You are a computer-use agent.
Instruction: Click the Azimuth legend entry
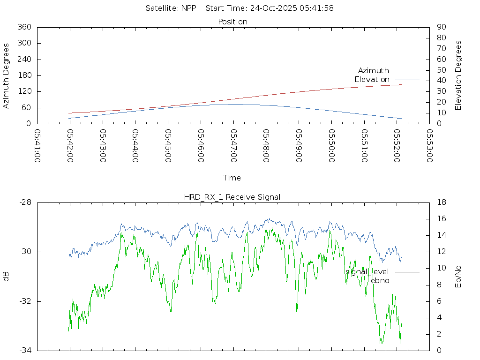point(374,71)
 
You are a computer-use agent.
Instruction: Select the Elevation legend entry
point(372,80)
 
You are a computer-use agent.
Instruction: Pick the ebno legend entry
point(380,281)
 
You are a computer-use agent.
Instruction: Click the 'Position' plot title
point(233,22)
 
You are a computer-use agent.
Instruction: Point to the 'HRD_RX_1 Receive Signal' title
point(232,197)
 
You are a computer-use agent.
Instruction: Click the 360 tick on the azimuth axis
point(24,27)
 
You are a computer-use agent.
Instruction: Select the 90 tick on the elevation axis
point(441,27)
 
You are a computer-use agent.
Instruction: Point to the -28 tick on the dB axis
point(25,202)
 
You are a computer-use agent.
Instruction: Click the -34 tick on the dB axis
point(25,351)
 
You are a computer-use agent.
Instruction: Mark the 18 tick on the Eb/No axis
point(441,202)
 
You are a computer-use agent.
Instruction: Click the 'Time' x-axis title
point(232,178)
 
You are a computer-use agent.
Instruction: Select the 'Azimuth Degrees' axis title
point(7,75)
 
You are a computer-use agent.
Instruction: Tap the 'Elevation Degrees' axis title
point(458,75)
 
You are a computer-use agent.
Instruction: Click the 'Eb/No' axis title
point(458,277)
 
